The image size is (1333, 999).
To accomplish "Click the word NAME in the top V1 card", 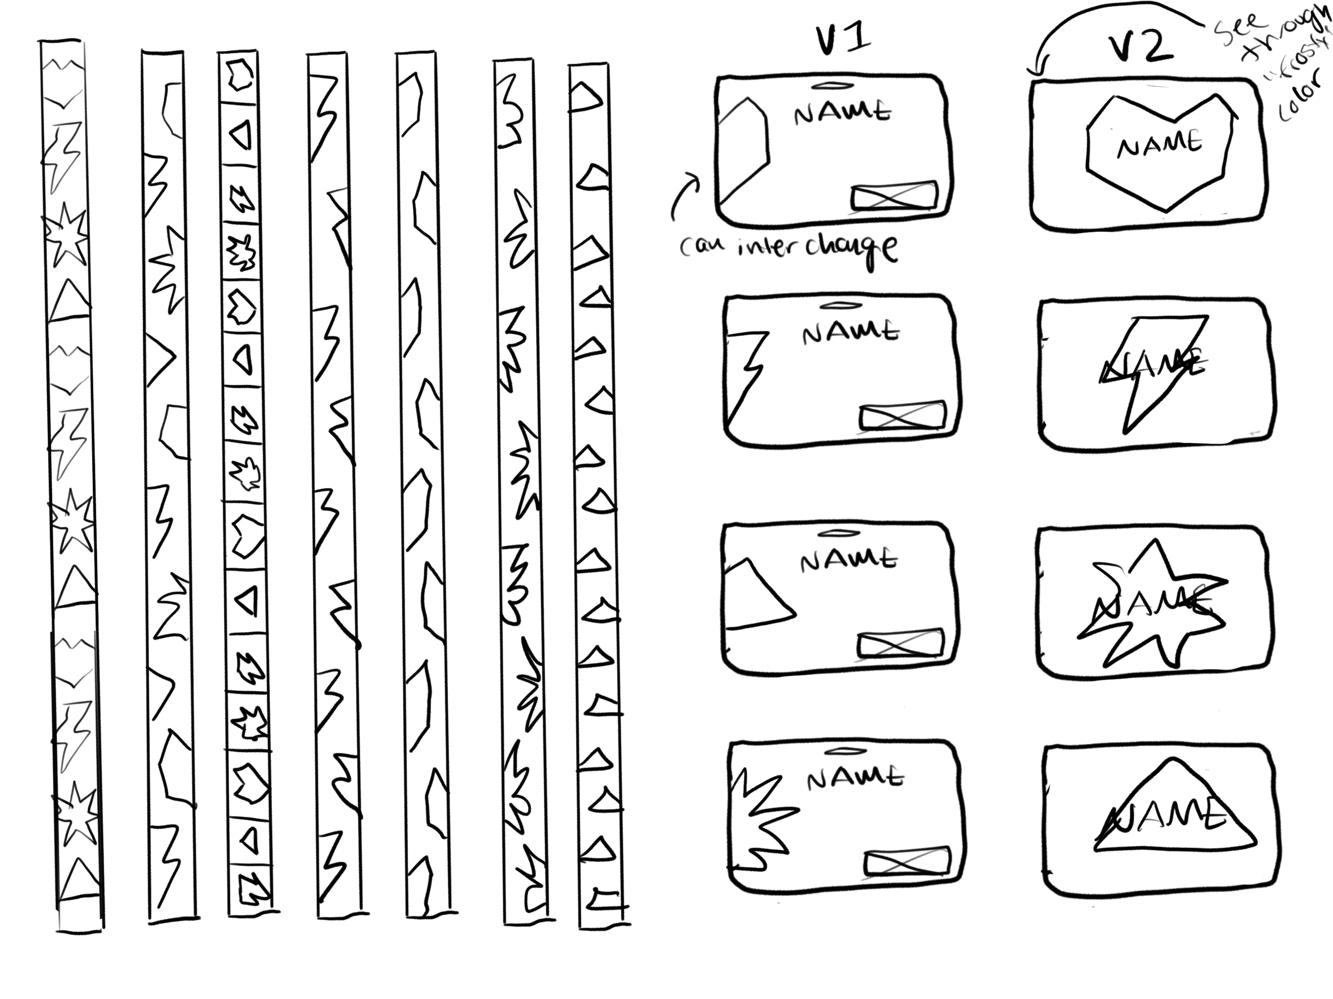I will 842,112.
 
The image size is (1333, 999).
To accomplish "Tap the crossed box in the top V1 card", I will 894,196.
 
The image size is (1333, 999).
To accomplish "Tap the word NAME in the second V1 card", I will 850,333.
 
